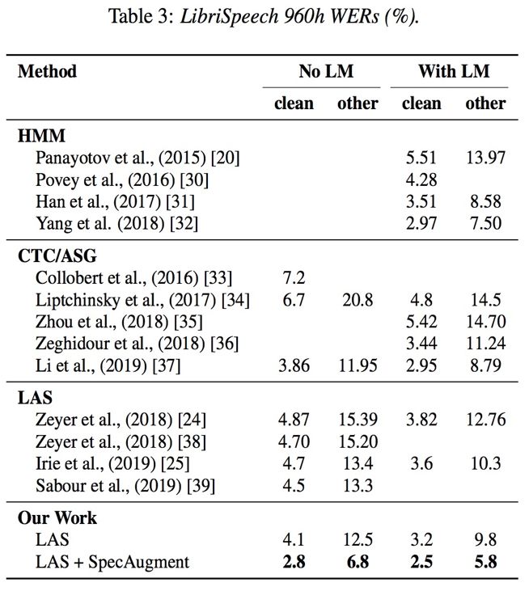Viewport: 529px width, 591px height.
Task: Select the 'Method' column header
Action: click(x=47, y=71)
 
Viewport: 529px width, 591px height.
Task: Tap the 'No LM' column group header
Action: click(x=320, y=71)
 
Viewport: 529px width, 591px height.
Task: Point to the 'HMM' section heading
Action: click(x=37, y=134)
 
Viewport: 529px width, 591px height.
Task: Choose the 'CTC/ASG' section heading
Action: click(x=57, y=256)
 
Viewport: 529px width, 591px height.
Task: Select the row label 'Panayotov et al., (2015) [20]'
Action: click(x=138, y=157)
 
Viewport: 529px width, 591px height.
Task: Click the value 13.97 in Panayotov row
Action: click(x=485, y=157)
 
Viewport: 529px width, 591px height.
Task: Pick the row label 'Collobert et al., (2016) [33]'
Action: click(x=134, y=279)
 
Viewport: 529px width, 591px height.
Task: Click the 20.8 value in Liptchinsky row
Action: click(x=357, y=300)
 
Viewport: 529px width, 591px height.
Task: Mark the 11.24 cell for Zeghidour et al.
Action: click(x=485, y=344)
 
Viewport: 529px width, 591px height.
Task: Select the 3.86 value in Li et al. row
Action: click(x=294, y=365)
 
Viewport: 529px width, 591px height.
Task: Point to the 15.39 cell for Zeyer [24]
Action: click(x=357, y=420)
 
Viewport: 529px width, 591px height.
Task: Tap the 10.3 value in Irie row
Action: click(x=485, y=463)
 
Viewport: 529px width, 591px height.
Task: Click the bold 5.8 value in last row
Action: click(x=485, y=561)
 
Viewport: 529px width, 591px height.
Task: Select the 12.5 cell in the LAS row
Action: click(x=357, y=539)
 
